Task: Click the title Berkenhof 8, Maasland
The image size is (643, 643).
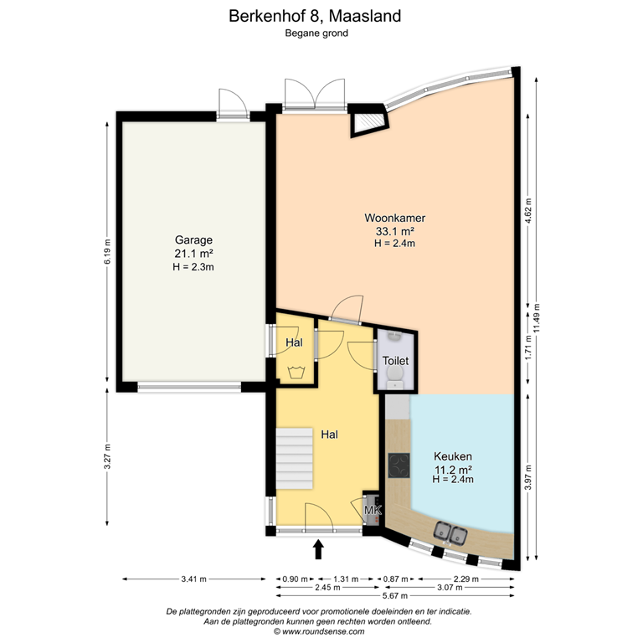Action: (321, 15)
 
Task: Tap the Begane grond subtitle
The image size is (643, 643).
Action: (321, 33)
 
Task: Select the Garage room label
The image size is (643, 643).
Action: (193, 238)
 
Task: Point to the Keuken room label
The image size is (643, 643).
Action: (453, 455)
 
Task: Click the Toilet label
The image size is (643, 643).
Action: (395, 360)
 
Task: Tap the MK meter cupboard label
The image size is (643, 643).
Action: (373, 510)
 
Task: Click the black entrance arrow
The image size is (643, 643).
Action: (319, 549)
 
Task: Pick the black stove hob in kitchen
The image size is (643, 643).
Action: (399, 465)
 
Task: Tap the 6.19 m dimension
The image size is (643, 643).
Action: (108, 251)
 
